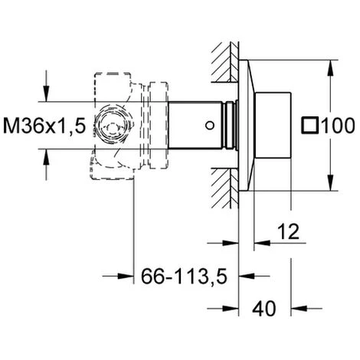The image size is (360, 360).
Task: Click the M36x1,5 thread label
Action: pyautogui.click(x=44, y=126)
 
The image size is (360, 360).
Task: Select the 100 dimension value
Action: pyautogui.click(x=338, y=126)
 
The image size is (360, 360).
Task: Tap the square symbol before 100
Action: pyautogui.click(x=309, y=126)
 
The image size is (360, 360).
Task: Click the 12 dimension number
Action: pyautogui.click(x=288, y=231)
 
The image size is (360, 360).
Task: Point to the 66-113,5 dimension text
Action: pyautogui.click(x=184, y=277)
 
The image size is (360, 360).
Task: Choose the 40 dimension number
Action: pyautogui.click(x=264, y=309)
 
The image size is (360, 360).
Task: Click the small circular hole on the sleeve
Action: pyautogui.click(x=210, y=126)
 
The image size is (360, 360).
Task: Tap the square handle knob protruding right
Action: pyautogui.click(x=273, y=126)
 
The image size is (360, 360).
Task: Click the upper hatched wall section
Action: pyautogui.click(x=225, y=62)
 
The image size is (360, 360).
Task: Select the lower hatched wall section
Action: pyautogui.click(x=225, y=188)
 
